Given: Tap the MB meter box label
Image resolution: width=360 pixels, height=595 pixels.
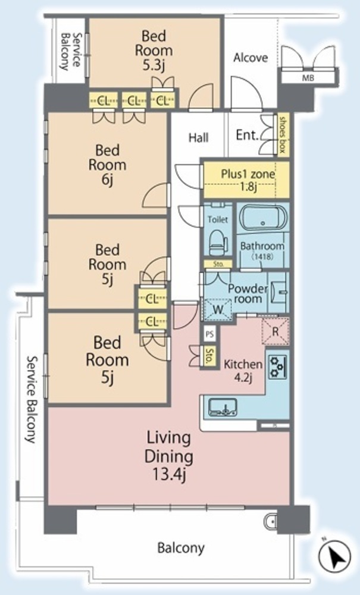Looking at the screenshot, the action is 308,78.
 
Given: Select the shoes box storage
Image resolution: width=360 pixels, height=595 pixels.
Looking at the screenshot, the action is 283,134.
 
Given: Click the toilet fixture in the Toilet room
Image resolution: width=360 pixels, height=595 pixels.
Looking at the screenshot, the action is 218,242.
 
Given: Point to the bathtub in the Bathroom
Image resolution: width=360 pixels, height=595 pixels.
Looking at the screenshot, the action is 263,217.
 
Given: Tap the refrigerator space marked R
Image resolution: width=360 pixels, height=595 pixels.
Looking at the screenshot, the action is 276,331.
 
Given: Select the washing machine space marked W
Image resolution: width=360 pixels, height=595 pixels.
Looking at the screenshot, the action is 218,309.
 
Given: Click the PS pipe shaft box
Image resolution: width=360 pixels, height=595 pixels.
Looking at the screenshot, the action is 209,334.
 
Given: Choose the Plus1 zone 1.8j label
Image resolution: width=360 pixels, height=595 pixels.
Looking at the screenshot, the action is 248,180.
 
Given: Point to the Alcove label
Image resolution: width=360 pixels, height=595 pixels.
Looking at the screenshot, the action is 251,58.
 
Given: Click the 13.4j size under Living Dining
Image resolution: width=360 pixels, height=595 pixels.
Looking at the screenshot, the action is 169,474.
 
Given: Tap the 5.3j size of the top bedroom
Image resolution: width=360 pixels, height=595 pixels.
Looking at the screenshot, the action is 154,65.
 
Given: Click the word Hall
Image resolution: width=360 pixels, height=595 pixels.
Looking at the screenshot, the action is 199,137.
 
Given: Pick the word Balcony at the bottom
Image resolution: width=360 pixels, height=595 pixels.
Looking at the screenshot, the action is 181,548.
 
